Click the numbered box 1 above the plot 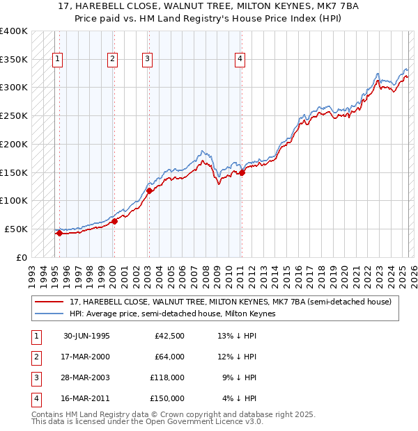click(56, 60)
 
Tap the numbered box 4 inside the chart click(239, 60)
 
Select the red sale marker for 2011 click(242, 172)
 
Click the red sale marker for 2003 click(149, 190)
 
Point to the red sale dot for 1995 click(59, 234)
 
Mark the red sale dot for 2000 click(114, 221)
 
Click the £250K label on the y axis click(14, 115)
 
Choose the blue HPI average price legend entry click(173, 314)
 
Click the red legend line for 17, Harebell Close click(49, 302)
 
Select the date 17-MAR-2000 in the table click(86, 358)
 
